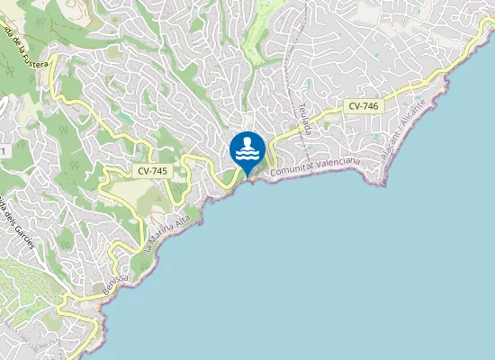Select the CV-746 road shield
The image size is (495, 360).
click(363, 106)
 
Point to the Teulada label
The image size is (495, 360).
click(304, 121)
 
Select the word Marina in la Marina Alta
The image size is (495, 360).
click(159, 229)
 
